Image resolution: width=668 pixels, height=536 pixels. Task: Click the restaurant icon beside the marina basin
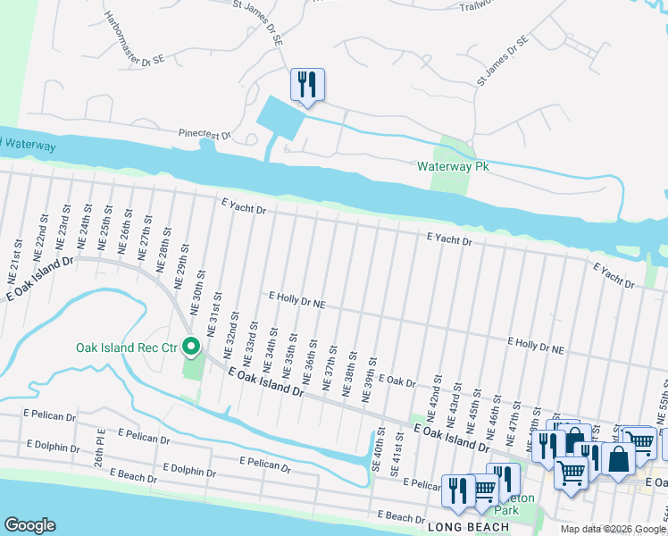coord(307,86)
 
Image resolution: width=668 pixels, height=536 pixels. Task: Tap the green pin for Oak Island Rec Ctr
coord(191,346)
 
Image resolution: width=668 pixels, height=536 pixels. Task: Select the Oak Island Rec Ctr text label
coord(126,347)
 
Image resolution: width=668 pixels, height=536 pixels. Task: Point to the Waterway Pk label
coord(452,167)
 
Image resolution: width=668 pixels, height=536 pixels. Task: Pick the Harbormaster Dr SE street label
coord(134,37)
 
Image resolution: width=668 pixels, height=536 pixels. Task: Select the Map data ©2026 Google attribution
coord(612,529)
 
